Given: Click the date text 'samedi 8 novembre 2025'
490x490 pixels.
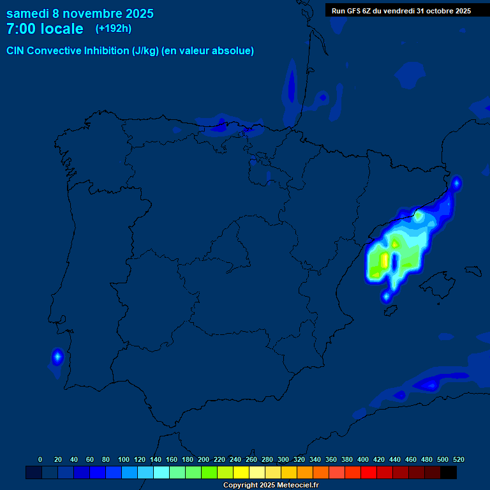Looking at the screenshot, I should [x=80, y=13].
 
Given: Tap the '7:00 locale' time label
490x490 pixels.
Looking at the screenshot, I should [x=45, y=29].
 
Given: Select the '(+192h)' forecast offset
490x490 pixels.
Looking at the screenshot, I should [x=113, y=29].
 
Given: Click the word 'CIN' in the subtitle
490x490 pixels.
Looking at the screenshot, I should [x=15, y=51].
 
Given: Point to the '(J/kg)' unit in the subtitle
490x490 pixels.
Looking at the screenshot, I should [x=145, y=51].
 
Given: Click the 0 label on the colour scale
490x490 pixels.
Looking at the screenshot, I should [x=40, y=459].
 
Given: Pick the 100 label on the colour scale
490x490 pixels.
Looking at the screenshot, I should [x=123, y=459].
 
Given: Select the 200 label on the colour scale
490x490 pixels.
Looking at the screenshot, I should [x=204, y=459].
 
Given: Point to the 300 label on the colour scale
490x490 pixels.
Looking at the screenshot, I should [x=283, y=459].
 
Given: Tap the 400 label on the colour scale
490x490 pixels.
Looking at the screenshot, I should [x=363, y=459].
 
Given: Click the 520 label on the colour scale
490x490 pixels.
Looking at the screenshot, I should [x=458, y=459].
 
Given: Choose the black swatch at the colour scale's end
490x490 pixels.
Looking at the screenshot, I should [x=448, y=473].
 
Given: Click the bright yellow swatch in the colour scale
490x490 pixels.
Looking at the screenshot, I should [x=241, y=473].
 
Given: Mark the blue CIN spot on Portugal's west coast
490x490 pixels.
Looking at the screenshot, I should [x=57, y=357].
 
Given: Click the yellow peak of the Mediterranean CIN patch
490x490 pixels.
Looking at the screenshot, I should [x=385, y=260].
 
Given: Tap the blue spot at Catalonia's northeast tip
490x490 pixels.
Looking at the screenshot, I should [x=456, y=184].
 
